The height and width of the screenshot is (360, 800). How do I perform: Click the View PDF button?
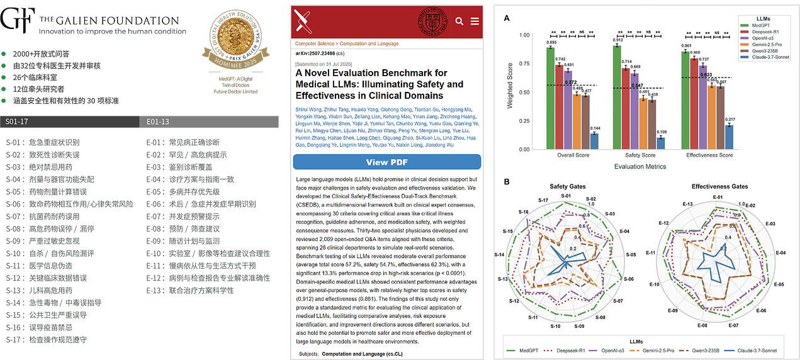386,162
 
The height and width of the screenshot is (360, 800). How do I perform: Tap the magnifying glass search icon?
459,21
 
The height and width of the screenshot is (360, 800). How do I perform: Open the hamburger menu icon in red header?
475,21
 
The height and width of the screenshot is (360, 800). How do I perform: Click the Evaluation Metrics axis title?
639,167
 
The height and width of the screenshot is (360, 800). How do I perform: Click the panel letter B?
507,183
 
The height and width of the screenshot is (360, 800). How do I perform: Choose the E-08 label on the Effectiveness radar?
702,325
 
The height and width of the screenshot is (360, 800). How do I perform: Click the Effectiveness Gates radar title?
720,187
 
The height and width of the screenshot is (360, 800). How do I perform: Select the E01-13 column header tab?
158,121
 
